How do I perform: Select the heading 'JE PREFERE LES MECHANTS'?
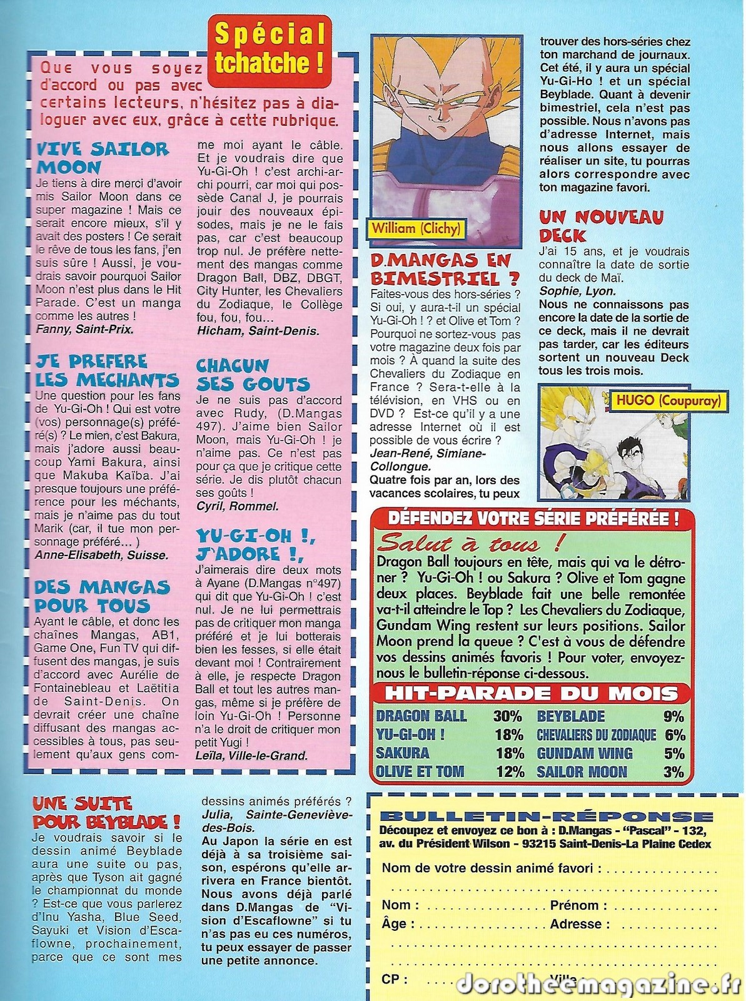pyautogui.click(x=106, y=371)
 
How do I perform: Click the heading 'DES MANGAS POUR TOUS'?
pyautogui.click(x=102, y=596)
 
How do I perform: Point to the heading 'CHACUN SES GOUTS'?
pyautogui.click(x=253, y=375)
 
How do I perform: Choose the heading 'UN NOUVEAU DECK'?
pyautogui.click(x=601, y=226)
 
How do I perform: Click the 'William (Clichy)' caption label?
pyautogui.click(x=416, y=228)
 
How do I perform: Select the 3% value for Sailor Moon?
pyautogui.click(x=673, y=771)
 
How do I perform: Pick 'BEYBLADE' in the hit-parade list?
pyautogui.click(x=571, y=716)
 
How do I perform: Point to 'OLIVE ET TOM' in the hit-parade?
pyautogui.click(x=420, y=771)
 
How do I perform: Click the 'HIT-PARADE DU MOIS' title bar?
pyautogui.click(x=532, y=693)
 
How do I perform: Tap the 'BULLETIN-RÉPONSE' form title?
pyautogui.click(x=546, y=816)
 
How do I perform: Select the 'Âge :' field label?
pyautogui.click(x=394, y=923)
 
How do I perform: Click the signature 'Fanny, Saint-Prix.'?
pyautogui.click(x=84, y=329)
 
